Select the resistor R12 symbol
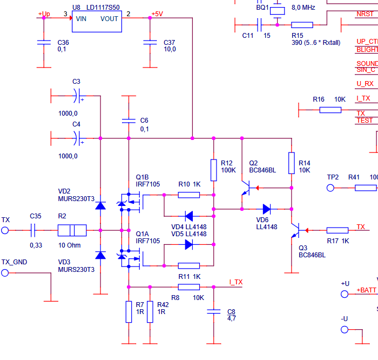pos(214,167)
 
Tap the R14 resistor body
pos(292,163)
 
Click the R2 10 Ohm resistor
pos(72,231)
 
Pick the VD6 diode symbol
pos(267,209)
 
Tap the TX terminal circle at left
pos(5,231)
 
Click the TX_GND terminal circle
pos(5,273)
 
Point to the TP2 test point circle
pos(331,188)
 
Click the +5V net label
pos(157,14)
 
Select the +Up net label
pos(44,14)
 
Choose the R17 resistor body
pos(337,231)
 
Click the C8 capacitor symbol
pos(214,312)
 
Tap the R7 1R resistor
pos(129,312)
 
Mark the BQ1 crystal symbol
pos(278,10)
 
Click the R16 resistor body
pos(330,110)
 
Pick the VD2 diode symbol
pos(100,206)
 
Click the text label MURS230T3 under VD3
pos(76,269)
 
